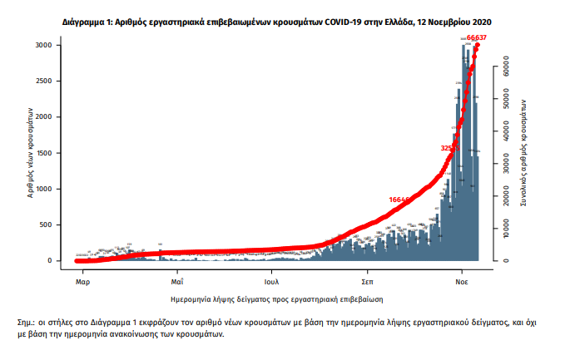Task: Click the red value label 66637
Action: click(x=477, y=37)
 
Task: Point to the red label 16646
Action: click(x=400, y=200)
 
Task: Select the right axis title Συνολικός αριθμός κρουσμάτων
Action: click(x=523, y=154)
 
